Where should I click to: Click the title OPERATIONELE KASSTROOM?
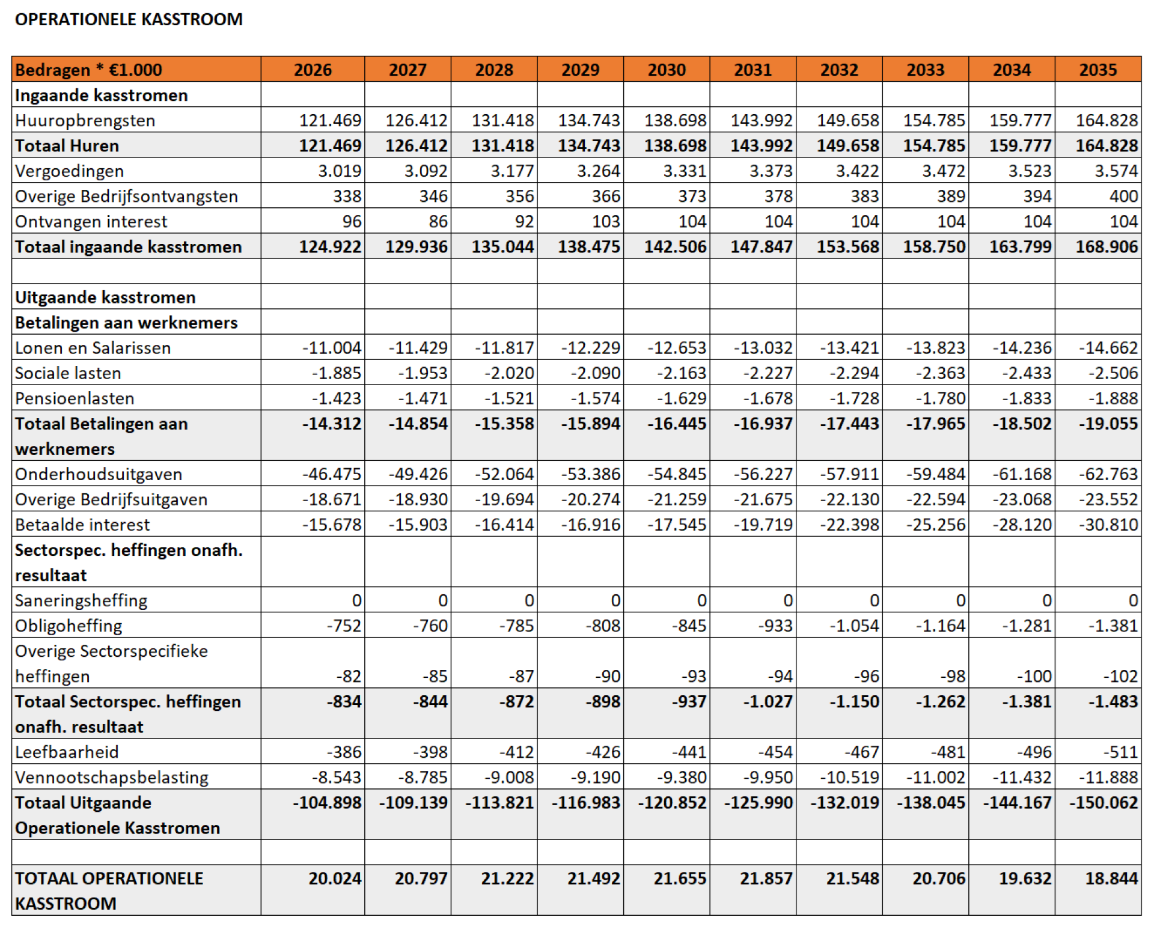[x=129, y=19]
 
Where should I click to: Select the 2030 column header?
[x=667, y=70]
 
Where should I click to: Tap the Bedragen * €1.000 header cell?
[x=88, y=70]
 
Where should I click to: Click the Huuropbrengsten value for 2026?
[x=331, y=120]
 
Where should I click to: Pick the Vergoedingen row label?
[x=69, y=171]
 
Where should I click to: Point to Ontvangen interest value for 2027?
[x=438, y=222]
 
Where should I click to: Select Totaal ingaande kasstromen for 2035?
[x=1107, y=247]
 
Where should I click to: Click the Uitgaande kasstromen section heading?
[x=105, y=297]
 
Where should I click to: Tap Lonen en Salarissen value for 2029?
[x=590, y=348]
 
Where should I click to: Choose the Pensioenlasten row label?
[x=75, y=398]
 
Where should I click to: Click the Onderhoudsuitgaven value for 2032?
[x=849, y=474]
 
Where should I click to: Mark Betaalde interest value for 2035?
[x=1108, y=525]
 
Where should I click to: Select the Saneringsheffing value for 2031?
[x=788, y=600]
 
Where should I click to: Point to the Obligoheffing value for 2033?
[x=940, y=626]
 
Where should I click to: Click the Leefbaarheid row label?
[x=67, y=752]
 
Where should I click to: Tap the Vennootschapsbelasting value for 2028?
[x=509, y=777]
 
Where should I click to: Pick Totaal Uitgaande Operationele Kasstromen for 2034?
[x=1017, y=802]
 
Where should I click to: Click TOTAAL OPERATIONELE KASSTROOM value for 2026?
[x=335, y=878]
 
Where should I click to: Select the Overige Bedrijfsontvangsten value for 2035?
[x=1123, y=196]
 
